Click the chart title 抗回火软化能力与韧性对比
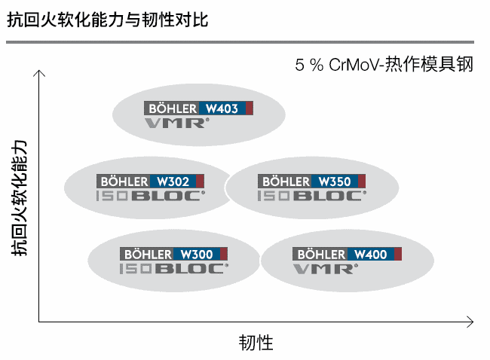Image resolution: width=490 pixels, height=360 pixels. tap(107, 20)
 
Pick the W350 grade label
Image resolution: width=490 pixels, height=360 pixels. tap(334, 182)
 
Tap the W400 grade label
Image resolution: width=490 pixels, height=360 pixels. tap(370, 255)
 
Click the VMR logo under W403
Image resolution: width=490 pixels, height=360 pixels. tap(174, 123)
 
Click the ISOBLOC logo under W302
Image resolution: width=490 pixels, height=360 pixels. tap(150, 196)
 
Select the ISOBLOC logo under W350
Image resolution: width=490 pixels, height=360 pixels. tap(311, 196)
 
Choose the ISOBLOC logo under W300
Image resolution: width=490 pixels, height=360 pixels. tap(174, 268)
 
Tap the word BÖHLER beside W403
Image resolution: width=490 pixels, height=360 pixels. tap(172, 108)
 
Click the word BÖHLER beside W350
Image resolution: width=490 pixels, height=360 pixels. tap(284, 182)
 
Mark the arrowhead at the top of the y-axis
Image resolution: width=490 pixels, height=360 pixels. tap(40, 74)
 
